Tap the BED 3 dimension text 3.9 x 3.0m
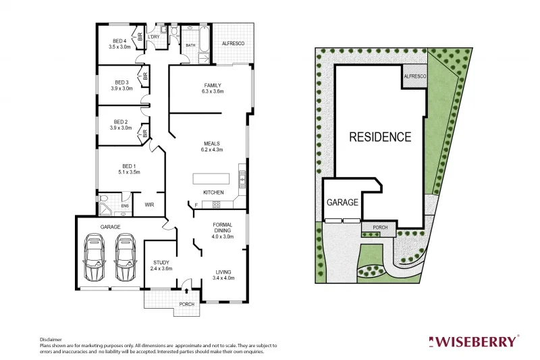(122, 88)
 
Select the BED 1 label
(129, 166)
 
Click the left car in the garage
(94, 257)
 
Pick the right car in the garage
(125, 257)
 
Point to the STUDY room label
(161, 263)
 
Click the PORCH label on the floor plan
(186, 304)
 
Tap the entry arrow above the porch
(186, 291)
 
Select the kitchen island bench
(211, 178)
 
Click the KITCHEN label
(213, 192)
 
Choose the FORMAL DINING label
(223, 227)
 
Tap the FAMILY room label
(213, 85)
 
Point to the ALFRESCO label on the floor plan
(234, 43)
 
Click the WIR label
(150, 205)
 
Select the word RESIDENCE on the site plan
(380, 137)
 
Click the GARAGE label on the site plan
(342, 202)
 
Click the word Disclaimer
(51, 340)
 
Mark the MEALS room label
(213, 143)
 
